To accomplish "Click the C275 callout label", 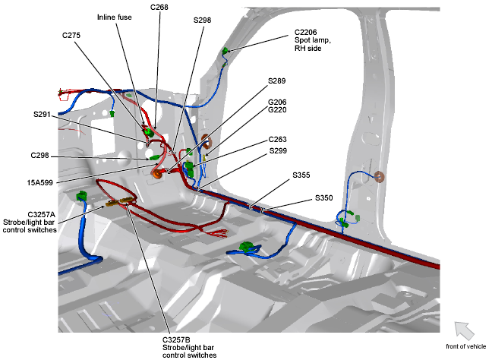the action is (71, 35).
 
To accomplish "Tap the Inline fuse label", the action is (114, 17).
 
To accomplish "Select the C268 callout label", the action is (159, 8).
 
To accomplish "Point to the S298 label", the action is (202, 20).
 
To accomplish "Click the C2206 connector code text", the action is (306, 32).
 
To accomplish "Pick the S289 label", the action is (276, 81).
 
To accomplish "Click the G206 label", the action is (277, 102).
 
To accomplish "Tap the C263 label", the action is (277, 139).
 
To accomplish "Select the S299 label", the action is (278, 151).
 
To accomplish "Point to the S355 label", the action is (301, 175).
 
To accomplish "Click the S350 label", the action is (323, 198).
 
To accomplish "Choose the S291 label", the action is (42, 115).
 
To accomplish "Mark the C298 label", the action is (39, 156).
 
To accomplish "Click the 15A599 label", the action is (39, 182).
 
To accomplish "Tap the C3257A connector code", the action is (42, 214).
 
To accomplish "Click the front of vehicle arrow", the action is (465, 331).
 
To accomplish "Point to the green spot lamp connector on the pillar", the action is (225, 51).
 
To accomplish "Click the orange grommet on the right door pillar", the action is (379, 177).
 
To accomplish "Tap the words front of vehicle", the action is (466, 346).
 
